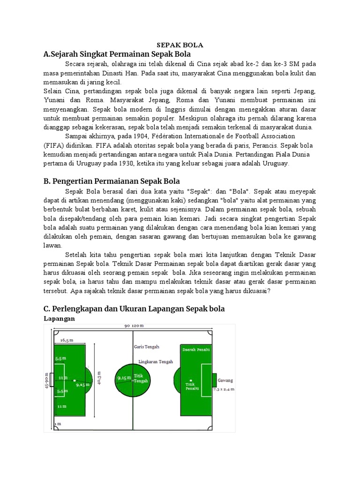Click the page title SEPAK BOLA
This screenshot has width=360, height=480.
click(x=180, y=45)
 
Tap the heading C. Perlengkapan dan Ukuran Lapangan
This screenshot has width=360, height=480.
click(x=134, y=308)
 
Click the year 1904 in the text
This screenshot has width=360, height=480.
click(x=139, y=136)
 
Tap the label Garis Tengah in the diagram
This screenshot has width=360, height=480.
click(x=146, y=347)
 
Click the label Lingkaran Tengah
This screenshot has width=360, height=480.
click(x=156, y=362)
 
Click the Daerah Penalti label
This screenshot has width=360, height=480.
click(x=195, y=350)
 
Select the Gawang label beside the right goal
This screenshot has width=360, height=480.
click(x=225, y=381)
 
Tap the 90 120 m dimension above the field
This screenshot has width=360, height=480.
click(x=134, y=325)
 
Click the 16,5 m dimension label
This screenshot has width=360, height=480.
click(x=67, y=340)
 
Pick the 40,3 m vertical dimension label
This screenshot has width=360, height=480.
click(x=99, y=379)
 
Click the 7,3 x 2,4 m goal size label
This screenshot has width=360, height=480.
click(x=223, y=389)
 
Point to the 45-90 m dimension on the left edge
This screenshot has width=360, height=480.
click(x=47, y=381)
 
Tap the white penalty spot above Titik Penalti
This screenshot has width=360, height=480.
click(x=191, y=380)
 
